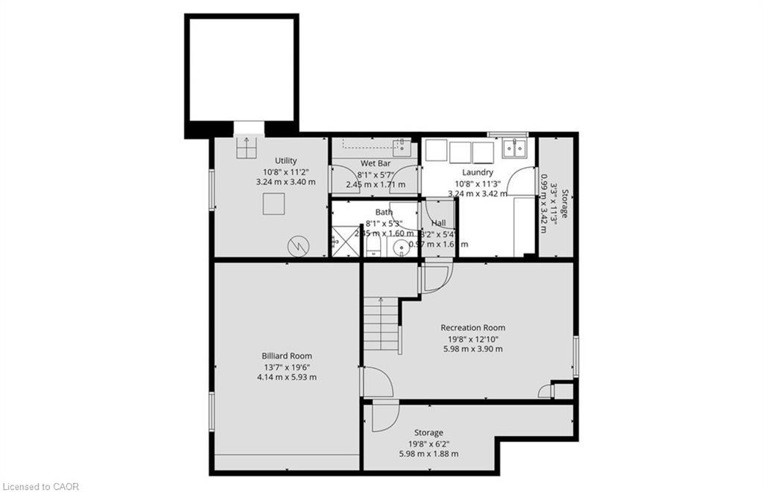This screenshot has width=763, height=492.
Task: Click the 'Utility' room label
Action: (285, 160)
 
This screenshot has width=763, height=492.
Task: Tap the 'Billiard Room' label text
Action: (286, 356)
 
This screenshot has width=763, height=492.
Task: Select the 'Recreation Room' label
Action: (472, 327)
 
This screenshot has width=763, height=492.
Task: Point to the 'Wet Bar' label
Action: (376, 163)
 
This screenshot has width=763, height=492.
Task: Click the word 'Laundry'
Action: (478, 172)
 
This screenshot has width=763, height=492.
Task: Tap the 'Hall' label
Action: (438, 223)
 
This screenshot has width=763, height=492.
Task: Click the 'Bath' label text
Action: (384, 212)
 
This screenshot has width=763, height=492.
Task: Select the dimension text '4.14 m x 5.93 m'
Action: (286, 376)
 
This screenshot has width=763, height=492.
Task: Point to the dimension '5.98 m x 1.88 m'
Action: (428, 453)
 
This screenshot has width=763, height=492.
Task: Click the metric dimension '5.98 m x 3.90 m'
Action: (472, 348)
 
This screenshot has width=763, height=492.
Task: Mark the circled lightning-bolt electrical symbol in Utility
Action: (297, 244)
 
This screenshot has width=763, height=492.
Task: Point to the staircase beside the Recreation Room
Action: (381, 325)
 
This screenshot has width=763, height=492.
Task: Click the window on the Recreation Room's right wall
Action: (575, 356)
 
